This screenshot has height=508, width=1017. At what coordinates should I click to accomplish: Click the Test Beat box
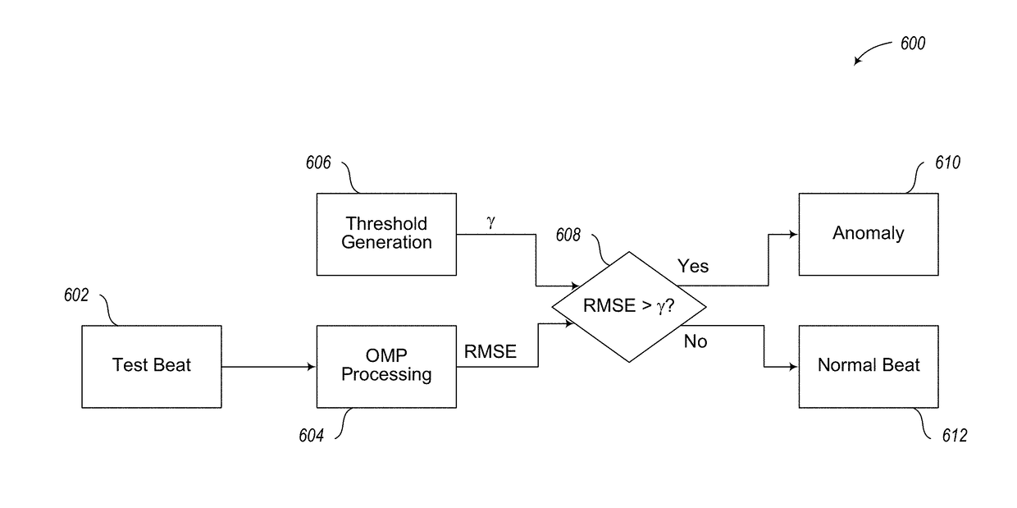(x=152, y=366)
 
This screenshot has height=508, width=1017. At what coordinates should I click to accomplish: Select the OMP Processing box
(x=386, y=366)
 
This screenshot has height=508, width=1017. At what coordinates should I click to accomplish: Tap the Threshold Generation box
(x=386, y=234)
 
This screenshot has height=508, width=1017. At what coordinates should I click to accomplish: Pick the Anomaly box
(x=869, y=234)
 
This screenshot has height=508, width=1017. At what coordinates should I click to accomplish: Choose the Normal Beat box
(x=869, y=366)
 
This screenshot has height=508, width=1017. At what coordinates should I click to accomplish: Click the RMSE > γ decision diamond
(x=629, y=307)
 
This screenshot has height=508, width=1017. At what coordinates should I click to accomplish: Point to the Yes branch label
(x=693, y=266)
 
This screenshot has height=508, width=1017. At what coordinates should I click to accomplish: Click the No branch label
(x=695, y=341)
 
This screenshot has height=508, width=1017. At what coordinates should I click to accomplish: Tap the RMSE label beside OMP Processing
(x=490, y=351)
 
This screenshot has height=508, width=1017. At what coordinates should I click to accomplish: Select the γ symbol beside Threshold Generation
(x=490, y=222)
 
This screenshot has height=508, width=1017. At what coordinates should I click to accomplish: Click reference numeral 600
(x=913, y=43)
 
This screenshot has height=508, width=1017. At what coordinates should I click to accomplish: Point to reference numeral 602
(x=76, y=295)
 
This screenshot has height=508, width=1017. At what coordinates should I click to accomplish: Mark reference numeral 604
(x=311, y=435)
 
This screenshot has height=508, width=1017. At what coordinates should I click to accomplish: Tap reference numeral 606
(x=318, y=162)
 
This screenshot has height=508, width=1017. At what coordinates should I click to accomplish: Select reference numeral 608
(x=568, y=235)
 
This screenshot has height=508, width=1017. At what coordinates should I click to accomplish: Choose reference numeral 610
(x=947, y=162)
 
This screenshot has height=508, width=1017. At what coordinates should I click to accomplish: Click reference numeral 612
(x=955, y=435)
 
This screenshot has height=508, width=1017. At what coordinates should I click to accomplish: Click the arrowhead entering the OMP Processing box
(x=312, y=367)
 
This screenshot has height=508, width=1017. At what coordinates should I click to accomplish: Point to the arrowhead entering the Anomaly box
(x=794, y=235)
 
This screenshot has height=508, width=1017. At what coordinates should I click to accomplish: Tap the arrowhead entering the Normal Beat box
(x=794, y=367)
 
